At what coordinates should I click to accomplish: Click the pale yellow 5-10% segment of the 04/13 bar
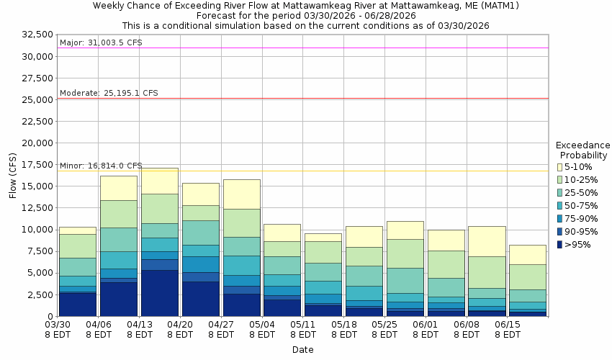[160, 181]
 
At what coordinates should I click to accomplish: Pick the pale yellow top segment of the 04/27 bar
[242, 194]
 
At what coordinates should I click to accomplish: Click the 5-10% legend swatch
[559, 167]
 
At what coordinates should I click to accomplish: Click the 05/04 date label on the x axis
[263, 330]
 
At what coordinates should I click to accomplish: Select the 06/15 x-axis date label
[508, 330]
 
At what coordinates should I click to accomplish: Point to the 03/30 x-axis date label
[58, 330]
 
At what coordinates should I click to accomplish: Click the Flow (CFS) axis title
[12, 175]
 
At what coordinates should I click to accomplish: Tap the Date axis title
[302, 350]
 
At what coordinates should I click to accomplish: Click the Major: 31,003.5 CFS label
[101, 42]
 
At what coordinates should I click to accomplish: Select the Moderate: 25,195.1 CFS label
[109, 93]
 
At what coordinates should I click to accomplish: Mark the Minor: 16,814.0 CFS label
[101, 166]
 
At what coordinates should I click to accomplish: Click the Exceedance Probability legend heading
[583, 150]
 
